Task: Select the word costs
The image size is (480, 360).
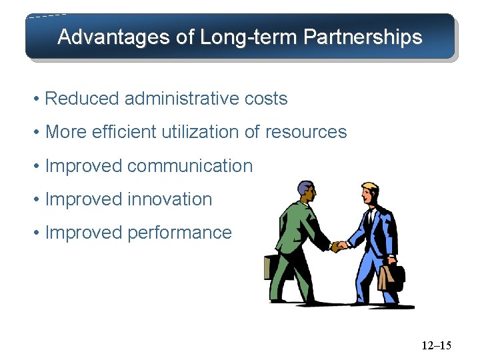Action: [266, 99]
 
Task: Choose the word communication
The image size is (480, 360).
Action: [190, 165]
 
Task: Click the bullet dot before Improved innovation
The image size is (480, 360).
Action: [38, 199]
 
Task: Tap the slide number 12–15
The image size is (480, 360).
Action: [436, 345]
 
